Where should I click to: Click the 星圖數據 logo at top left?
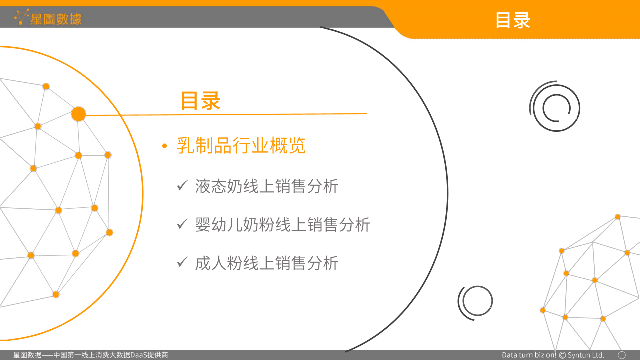48,18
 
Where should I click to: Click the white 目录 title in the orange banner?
512,20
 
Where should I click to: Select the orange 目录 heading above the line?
200,100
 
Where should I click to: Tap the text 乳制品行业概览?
241,146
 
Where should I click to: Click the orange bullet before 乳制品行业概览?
164,146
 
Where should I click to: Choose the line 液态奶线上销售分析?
267,186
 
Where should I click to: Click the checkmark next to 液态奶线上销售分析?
182,186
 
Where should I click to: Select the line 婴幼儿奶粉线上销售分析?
283,224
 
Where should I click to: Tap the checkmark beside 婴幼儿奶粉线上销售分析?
182,224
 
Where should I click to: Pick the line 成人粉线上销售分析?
267,263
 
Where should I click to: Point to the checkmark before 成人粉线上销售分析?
182,263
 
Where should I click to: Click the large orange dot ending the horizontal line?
78,114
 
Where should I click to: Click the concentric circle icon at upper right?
555,107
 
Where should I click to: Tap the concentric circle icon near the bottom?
476,302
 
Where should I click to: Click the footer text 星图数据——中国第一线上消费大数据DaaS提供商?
91,355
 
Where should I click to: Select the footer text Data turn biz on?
529,355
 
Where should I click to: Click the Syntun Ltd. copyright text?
586,355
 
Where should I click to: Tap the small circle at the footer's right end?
622,355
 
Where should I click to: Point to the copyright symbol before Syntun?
562,355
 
